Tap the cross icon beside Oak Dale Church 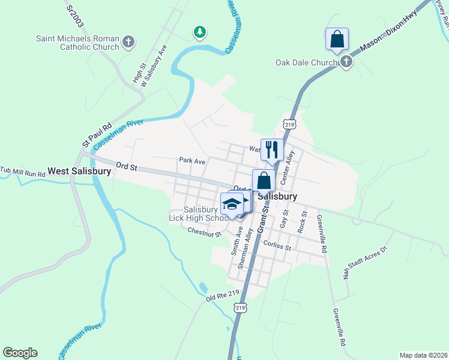pos(346,62)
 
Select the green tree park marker pos(200,31)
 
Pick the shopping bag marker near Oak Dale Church pos(337,39)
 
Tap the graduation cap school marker pos(232,204)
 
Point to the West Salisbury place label pos(79,171)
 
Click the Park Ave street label pos(192,161)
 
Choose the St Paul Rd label pos(97,135)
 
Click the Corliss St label pos(277,246)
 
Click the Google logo pos(20,353)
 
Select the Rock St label pos(303,222)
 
